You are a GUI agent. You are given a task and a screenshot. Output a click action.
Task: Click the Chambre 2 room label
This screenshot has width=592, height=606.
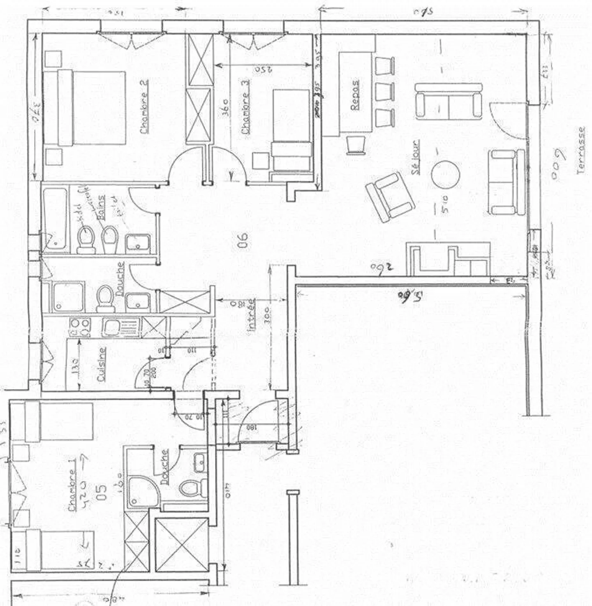click(x=144, y=107)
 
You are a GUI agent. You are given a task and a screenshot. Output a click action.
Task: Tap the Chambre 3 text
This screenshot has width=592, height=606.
click(x=245, y=113)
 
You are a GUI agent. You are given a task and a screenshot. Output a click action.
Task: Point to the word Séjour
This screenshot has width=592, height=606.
click(x=416, y=157)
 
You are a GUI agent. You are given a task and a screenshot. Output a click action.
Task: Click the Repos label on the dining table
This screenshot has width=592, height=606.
click(x=355, y=95)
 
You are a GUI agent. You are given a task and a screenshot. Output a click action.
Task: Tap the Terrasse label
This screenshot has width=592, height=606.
click(x=581, y=150)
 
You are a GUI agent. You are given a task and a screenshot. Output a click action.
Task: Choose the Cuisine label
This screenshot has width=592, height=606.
click(x=101, y=364)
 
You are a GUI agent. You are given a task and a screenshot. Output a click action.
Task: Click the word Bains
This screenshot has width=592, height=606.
click(x=101, y=208)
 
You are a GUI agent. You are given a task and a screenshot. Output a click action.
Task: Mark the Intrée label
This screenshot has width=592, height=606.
click(x=251, y=315)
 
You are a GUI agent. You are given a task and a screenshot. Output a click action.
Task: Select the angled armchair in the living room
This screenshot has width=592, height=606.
click(x=390, y=197)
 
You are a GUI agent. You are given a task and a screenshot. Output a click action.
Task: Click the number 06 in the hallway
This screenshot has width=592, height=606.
click(x=243, y=240)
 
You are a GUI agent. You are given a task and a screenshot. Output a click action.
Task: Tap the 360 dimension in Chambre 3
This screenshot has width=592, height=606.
click(x=226, y=108)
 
